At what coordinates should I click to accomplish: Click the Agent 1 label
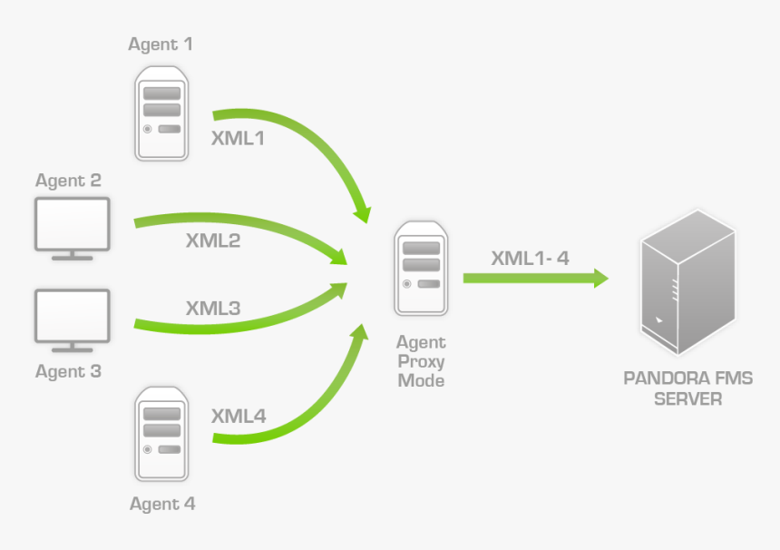[161, 44]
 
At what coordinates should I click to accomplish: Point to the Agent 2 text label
[68, 181]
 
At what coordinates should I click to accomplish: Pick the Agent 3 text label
[68, 371]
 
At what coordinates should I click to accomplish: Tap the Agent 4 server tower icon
[162, 434]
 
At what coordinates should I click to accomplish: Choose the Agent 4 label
[162, 504]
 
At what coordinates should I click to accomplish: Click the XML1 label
[239, 140]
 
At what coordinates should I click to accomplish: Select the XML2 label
[213, 241]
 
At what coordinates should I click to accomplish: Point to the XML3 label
[213, 308]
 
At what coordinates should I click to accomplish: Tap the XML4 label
[239, 417]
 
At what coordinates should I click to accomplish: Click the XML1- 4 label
[530, 258]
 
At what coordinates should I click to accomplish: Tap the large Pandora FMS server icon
[687, 283]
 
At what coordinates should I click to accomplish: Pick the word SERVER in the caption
[688, 398]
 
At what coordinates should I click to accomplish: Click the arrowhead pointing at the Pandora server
[600, 278]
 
